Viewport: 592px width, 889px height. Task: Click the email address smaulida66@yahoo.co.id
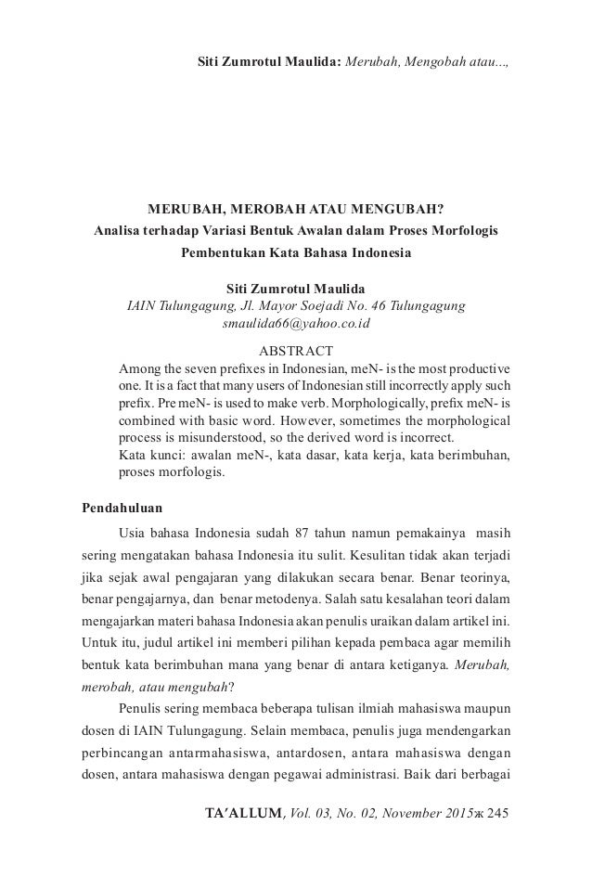click(296, 324)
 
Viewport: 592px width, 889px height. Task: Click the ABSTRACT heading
click(296, 352)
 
